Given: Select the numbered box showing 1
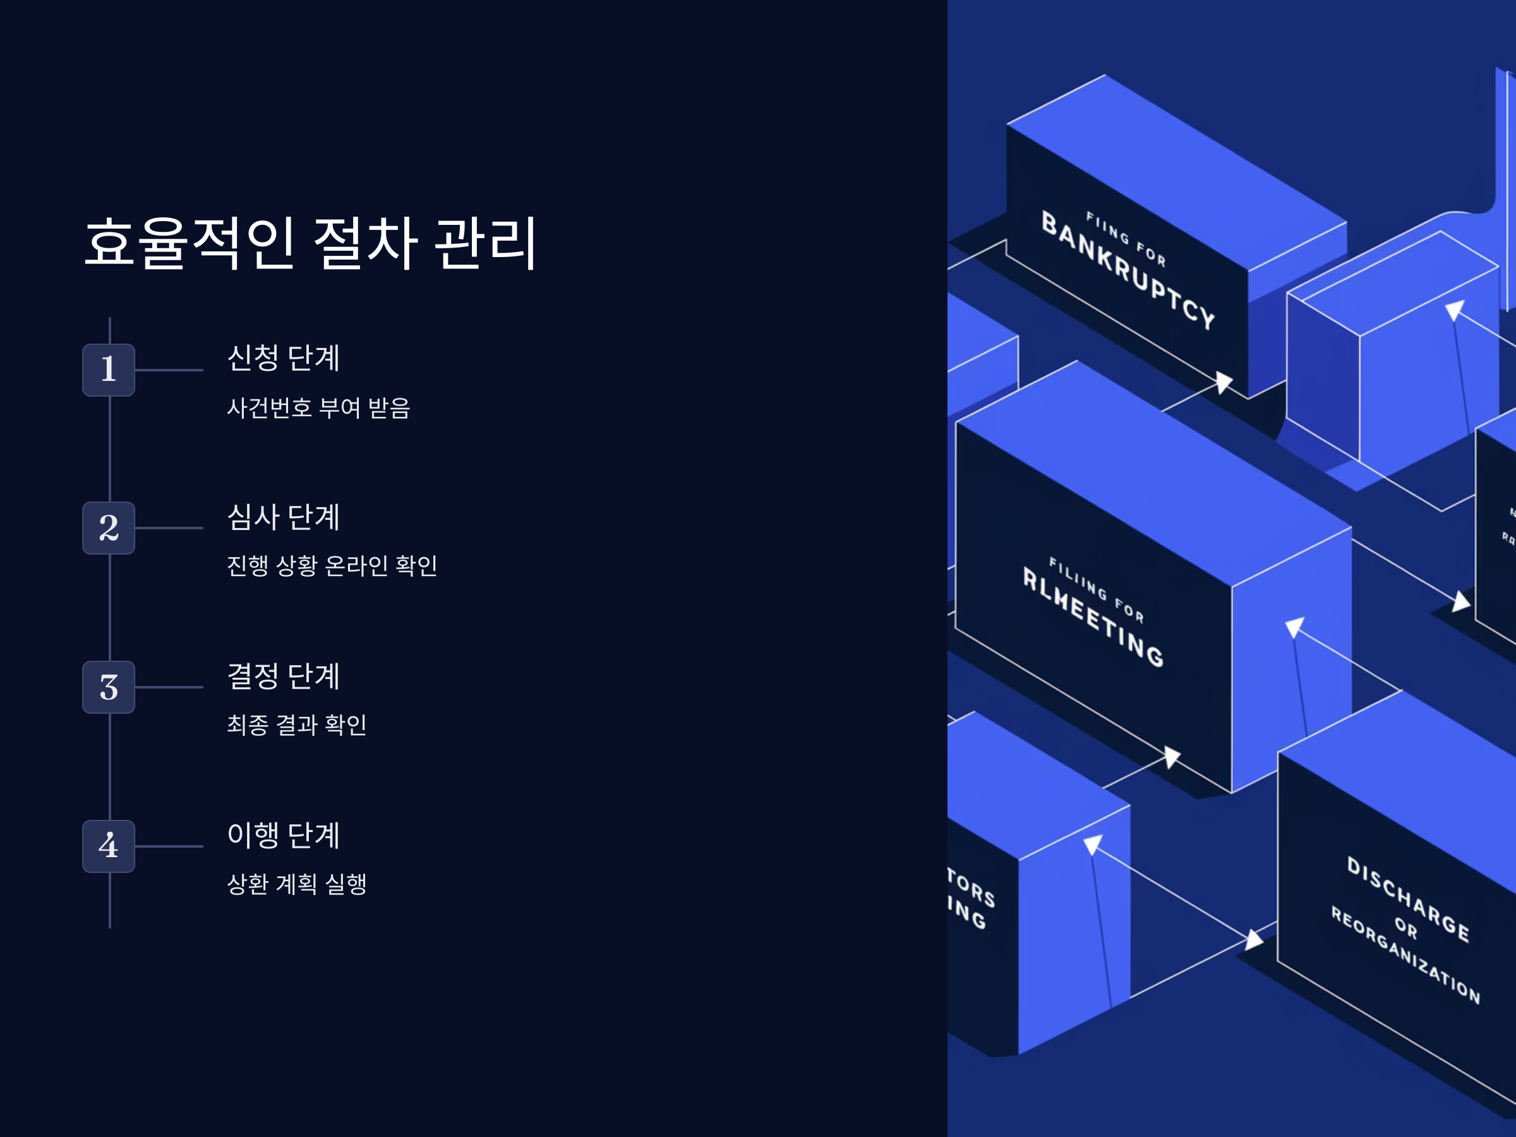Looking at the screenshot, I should pos(108,370).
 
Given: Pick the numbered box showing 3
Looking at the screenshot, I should pos(108,687).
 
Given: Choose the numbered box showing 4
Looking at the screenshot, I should pos(108,846).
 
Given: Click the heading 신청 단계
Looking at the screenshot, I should pos(283,358).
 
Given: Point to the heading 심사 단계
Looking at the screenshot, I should pos(283,517).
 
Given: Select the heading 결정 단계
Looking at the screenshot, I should pos(283,676).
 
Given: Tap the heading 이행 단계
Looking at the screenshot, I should pos(283,835).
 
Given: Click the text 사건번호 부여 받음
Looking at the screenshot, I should pos(319,408).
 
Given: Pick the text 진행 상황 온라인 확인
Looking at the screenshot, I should pos(332,565).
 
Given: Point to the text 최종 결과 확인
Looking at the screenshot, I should pos(297,725).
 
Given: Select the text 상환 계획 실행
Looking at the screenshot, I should pos(297,884).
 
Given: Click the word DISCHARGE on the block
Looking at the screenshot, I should pos(1409,900).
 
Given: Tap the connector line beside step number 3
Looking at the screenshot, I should pos(169,687).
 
